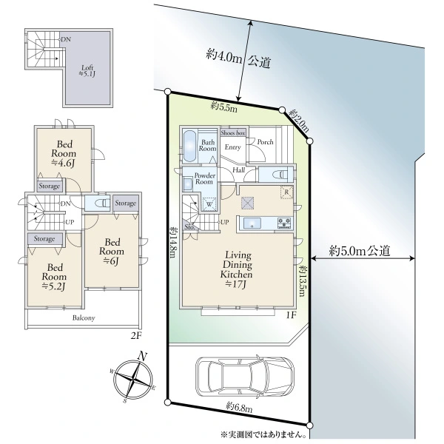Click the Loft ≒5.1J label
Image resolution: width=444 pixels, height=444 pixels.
point(87,71)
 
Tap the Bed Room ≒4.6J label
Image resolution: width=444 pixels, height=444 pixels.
point(64,154)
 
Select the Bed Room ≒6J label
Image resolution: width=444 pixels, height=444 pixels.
point(112,252)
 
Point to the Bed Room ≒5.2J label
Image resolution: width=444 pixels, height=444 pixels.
point(54,277)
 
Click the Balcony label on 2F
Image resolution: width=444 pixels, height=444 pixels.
point(84,317)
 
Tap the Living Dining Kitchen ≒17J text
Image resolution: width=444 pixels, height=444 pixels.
point(237,269)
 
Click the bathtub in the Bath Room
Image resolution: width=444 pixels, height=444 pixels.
point(189,146)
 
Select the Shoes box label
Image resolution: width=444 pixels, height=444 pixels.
point(233,132)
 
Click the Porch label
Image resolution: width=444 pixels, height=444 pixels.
point(266,142)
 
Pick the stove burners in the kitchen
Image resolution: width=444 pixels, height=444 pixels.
point(284,223)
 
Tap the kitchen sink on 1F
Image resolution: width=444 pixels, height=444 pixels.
point(252,223)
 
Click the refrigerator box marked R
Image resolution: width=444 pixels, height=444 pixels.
point(286,192)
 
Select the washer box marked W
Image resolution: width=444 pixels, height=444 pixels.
point(209,203)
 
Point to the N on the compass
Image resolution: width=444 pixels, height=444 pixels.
point(142,356)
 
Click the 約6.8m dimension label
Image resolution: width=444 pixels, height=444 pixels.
point(239,407)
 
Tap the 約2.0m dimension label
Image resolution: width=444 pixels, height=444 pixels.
point(298,121)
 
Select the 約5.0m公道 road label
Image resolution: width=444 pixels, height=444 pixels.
point(360,251)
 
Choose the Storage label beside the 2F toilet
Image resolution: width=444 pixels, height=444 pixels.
point(126,203)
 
